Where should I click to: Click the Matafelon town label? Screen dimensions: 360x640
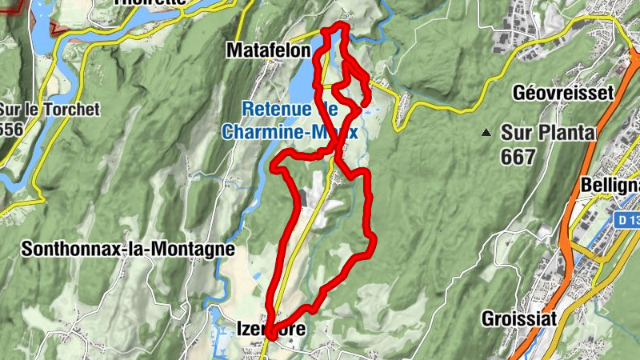point(268,50)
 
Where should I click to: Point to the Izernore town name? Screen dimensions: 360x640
point(271,327)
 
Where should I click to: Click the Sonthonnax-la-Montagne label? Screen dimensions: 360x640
point(128,249)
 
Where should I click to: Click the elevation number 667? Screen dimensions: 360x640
point(518,158)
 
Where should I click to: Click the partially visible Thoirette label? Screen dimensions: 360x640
point(150,3)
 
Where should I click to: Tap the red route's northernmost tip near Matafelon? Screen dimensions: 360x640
point(337,28)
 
